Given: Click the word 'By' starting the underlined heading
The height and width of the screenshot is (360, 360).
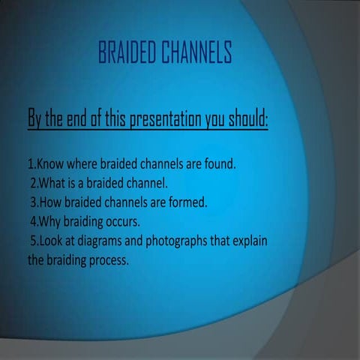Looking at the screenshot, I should (x=36, y=118).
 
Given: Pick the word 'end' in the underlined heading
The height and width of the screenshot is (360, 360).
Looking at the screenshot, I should (x=79, y=118).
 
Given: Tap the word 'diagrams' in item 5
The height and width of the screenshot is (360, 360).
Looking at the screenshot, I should (x=103, y=242).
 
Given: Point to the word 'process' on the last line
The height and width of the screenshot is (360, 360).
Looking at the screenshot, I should (x=109, y=262).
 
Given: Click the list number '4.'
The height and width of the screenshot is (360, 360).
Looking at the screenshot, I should (x=34, y=223).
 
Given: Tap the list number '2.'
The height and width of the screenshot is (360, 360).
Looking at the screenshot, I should (x=34, y=184).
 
